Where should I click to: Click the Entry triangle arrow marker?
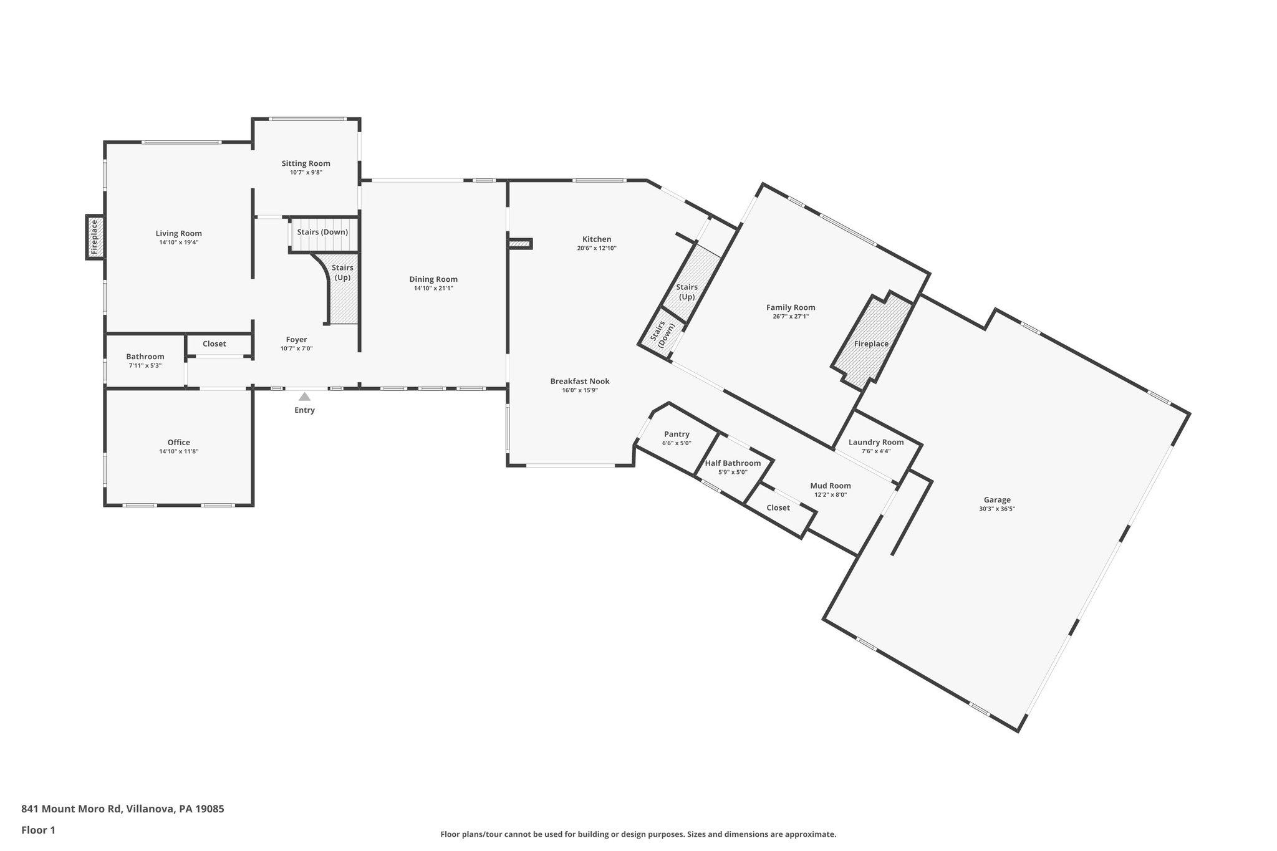(304, 397)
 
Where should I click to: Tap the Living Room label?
(178, 234)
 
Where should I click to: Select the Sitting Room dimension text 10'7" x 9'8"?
(306, 173)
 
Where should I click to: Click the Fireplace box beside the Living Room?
(95, 237)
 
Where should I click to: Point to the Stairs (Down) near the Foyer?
(322, 233)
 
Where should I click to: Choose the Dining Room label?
(433, 279)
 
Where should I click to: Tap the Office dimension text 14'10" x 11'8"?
(178, 451)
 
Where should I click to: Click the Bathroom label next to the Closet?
(145, 357)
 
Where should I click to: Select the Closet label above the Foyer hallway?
(214, 344)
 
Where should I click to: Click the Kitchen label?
(597, 239)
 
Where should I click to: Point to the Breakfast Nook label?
(579, 382)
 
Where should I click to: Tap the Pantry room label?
(677, 435)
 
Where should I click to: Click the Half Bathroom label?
(733, 463)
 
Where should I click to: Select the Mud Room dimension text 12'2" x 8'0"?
(830, 495)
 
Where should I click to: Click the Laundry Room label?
(875, 443)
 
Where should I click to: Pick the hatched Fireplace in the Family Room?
(872, 344)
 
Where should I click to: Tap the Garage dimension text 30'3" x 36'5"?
(997, 509)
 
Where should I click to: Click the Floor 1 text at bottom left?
(38, 830)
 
